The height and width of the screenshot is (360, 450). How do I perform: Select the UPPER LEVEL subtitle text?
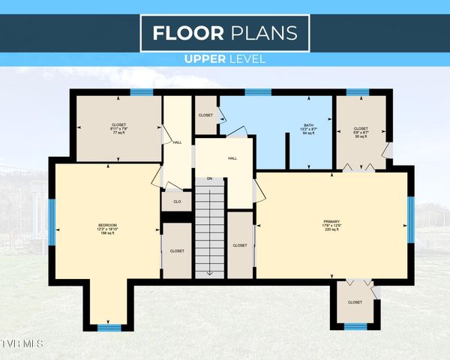point(224,58)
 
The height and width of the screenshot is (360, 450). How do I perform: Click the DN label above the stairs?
point(210,178)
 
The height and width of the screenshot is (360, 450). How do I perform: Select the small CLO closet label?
point(177,202)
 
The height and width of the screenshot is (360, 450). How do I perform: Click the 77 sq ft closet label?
point(120,128)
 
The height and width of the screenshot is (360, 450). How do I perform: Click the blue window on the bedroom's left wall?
point(52,218)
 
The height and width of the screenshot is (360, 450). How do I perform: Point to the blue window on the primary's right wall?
point(410,219)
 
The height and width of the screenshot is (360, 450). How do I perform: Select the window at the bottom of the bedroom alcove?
point(109,327)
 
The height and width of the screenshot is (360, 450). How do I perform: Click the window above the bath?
point(258,93)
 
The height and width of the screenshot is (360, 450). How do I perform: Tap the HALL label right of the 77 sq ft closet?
point(177,142)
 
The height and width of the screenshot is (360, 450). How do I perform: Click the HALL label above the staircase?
point(232,158)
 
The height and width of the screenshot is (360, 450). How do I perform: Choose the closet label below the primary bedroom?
point(355,302)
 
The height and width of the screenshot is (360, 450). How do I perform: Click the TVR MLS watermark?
point(22,343)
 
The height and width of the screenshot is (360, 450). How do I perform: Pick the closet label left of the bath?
point(205,115)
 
